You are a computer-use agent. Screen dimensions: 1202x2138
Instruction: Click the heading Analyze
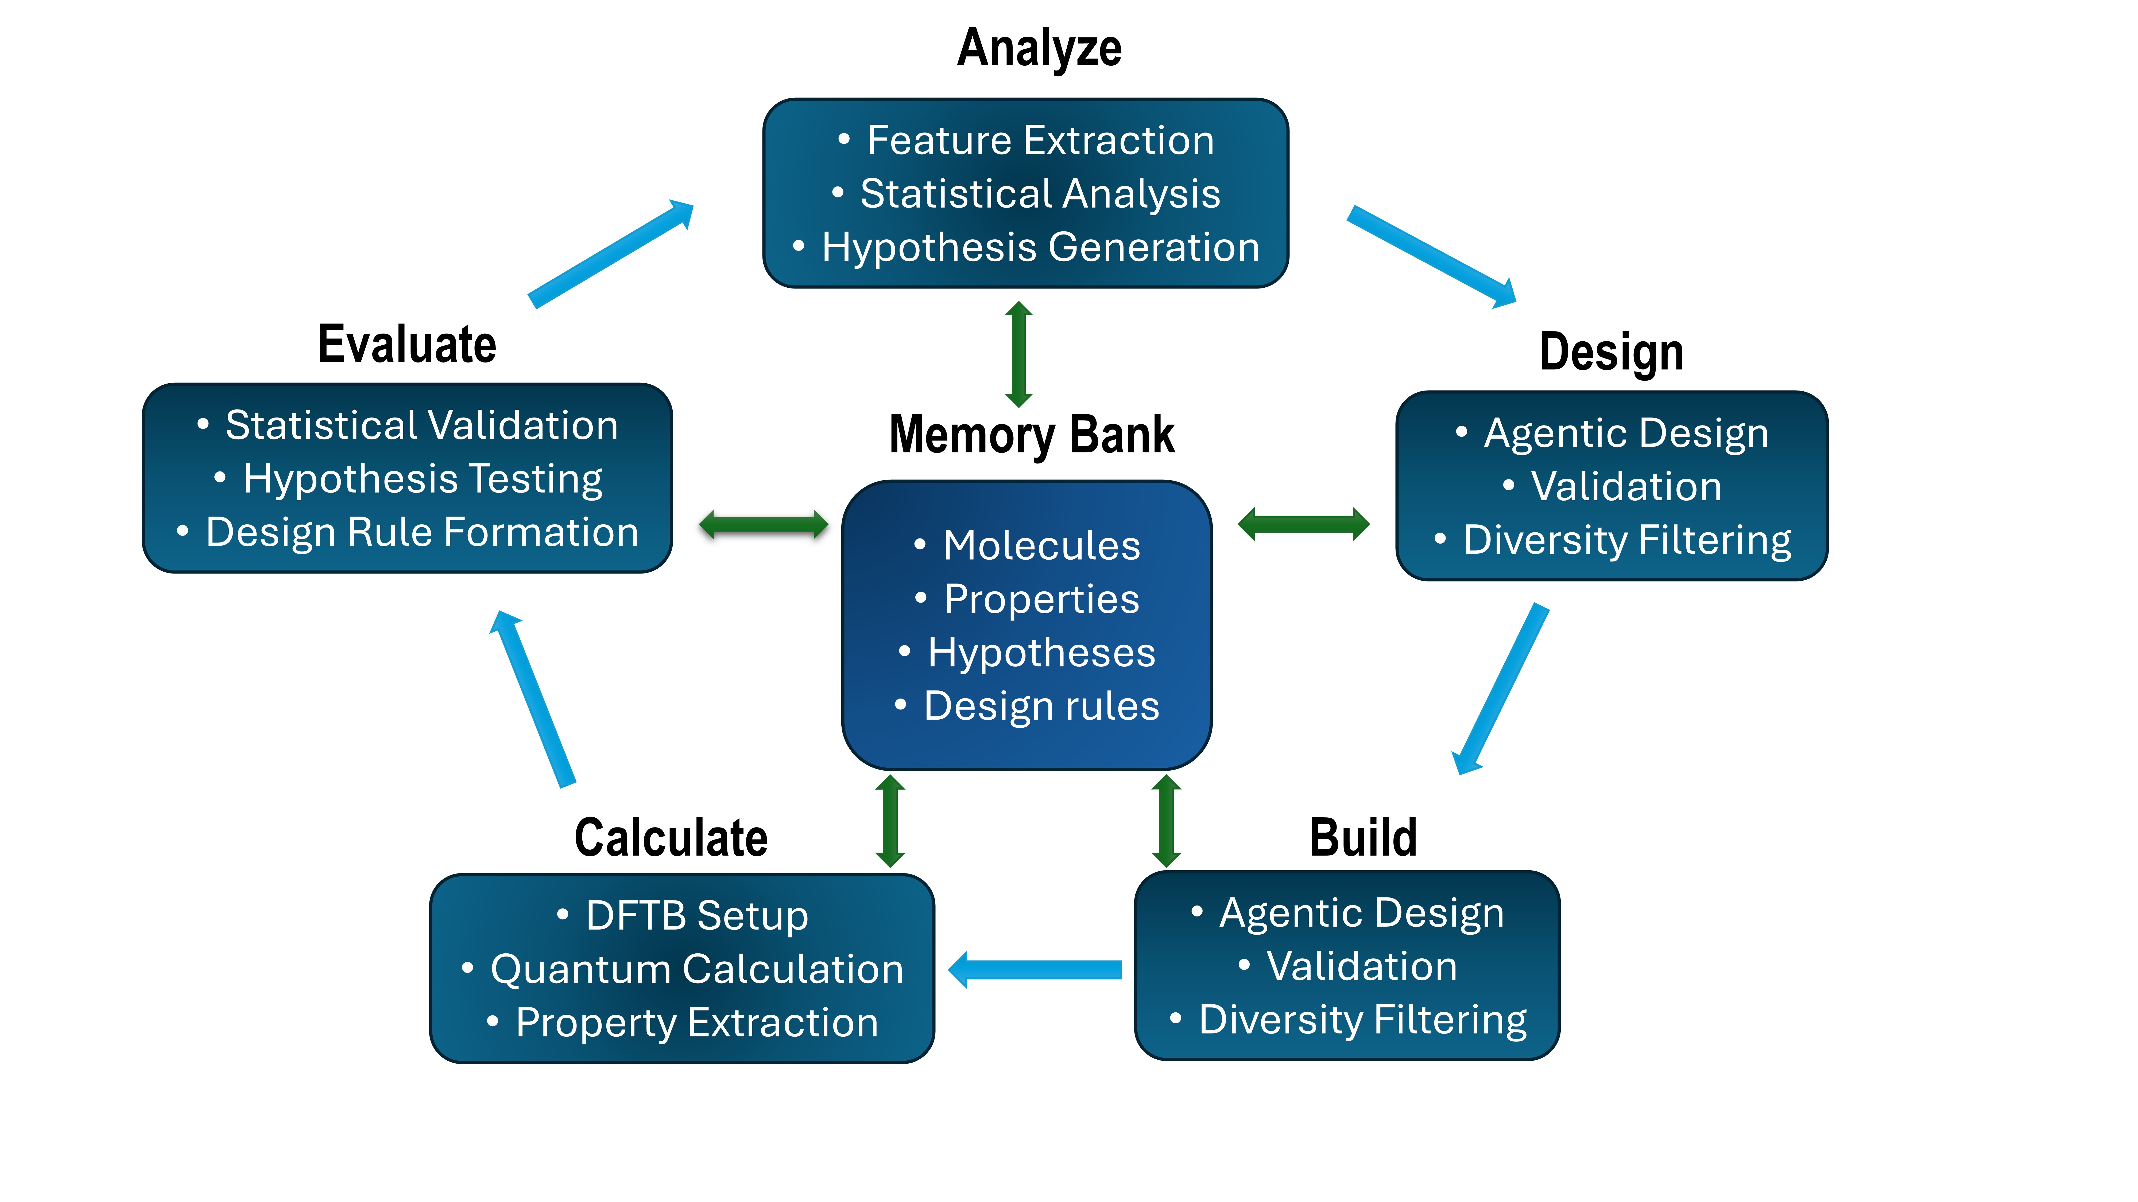point(1039,48)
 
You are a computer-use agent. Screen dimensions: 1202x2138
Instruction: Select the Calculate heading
point(671,838)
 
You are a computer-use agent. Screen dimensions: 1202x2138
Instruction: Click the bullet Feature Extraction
point(1040,140)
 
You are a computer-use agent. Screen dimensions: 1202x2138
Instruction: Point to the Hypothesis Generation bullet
point(1040,247)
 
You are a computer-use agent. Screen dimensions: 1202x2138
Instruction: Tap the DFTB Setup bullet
point(695,916)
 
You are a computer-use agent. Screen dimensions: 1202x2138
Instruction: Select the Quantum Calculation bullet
point(695,969)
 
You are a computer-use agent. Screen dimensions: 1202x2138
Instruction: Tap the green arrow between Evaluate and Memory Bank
point(764,524)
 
